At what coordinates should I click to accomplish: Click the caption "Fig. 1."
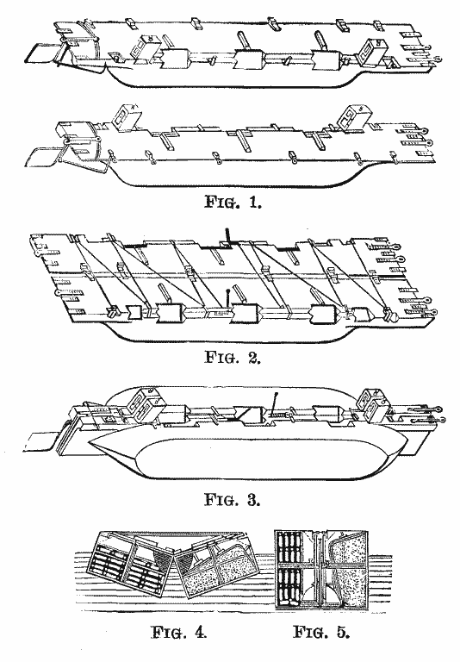[x=233, y=202]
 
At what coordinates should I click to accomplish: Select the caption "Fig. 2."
[x=233, y=357]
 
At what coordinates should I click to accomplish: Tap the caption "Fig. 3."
[x=233, y=499]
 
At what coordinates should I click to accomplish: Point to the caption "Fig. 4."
[x=179, y=633]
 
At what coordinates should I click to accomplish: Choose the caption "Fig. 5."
[x=321, y=633]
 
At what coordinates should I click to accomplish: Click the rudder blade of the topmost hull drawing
[x=40, y=53]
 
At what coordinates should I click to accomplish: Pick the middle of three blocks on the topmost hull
[x=250, y=59]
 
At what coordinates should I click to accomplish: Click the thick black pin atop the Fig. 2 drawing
[x=228, y=235]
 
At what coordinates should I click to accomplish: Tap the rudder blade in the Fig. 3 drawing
[x=39, y=442]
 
